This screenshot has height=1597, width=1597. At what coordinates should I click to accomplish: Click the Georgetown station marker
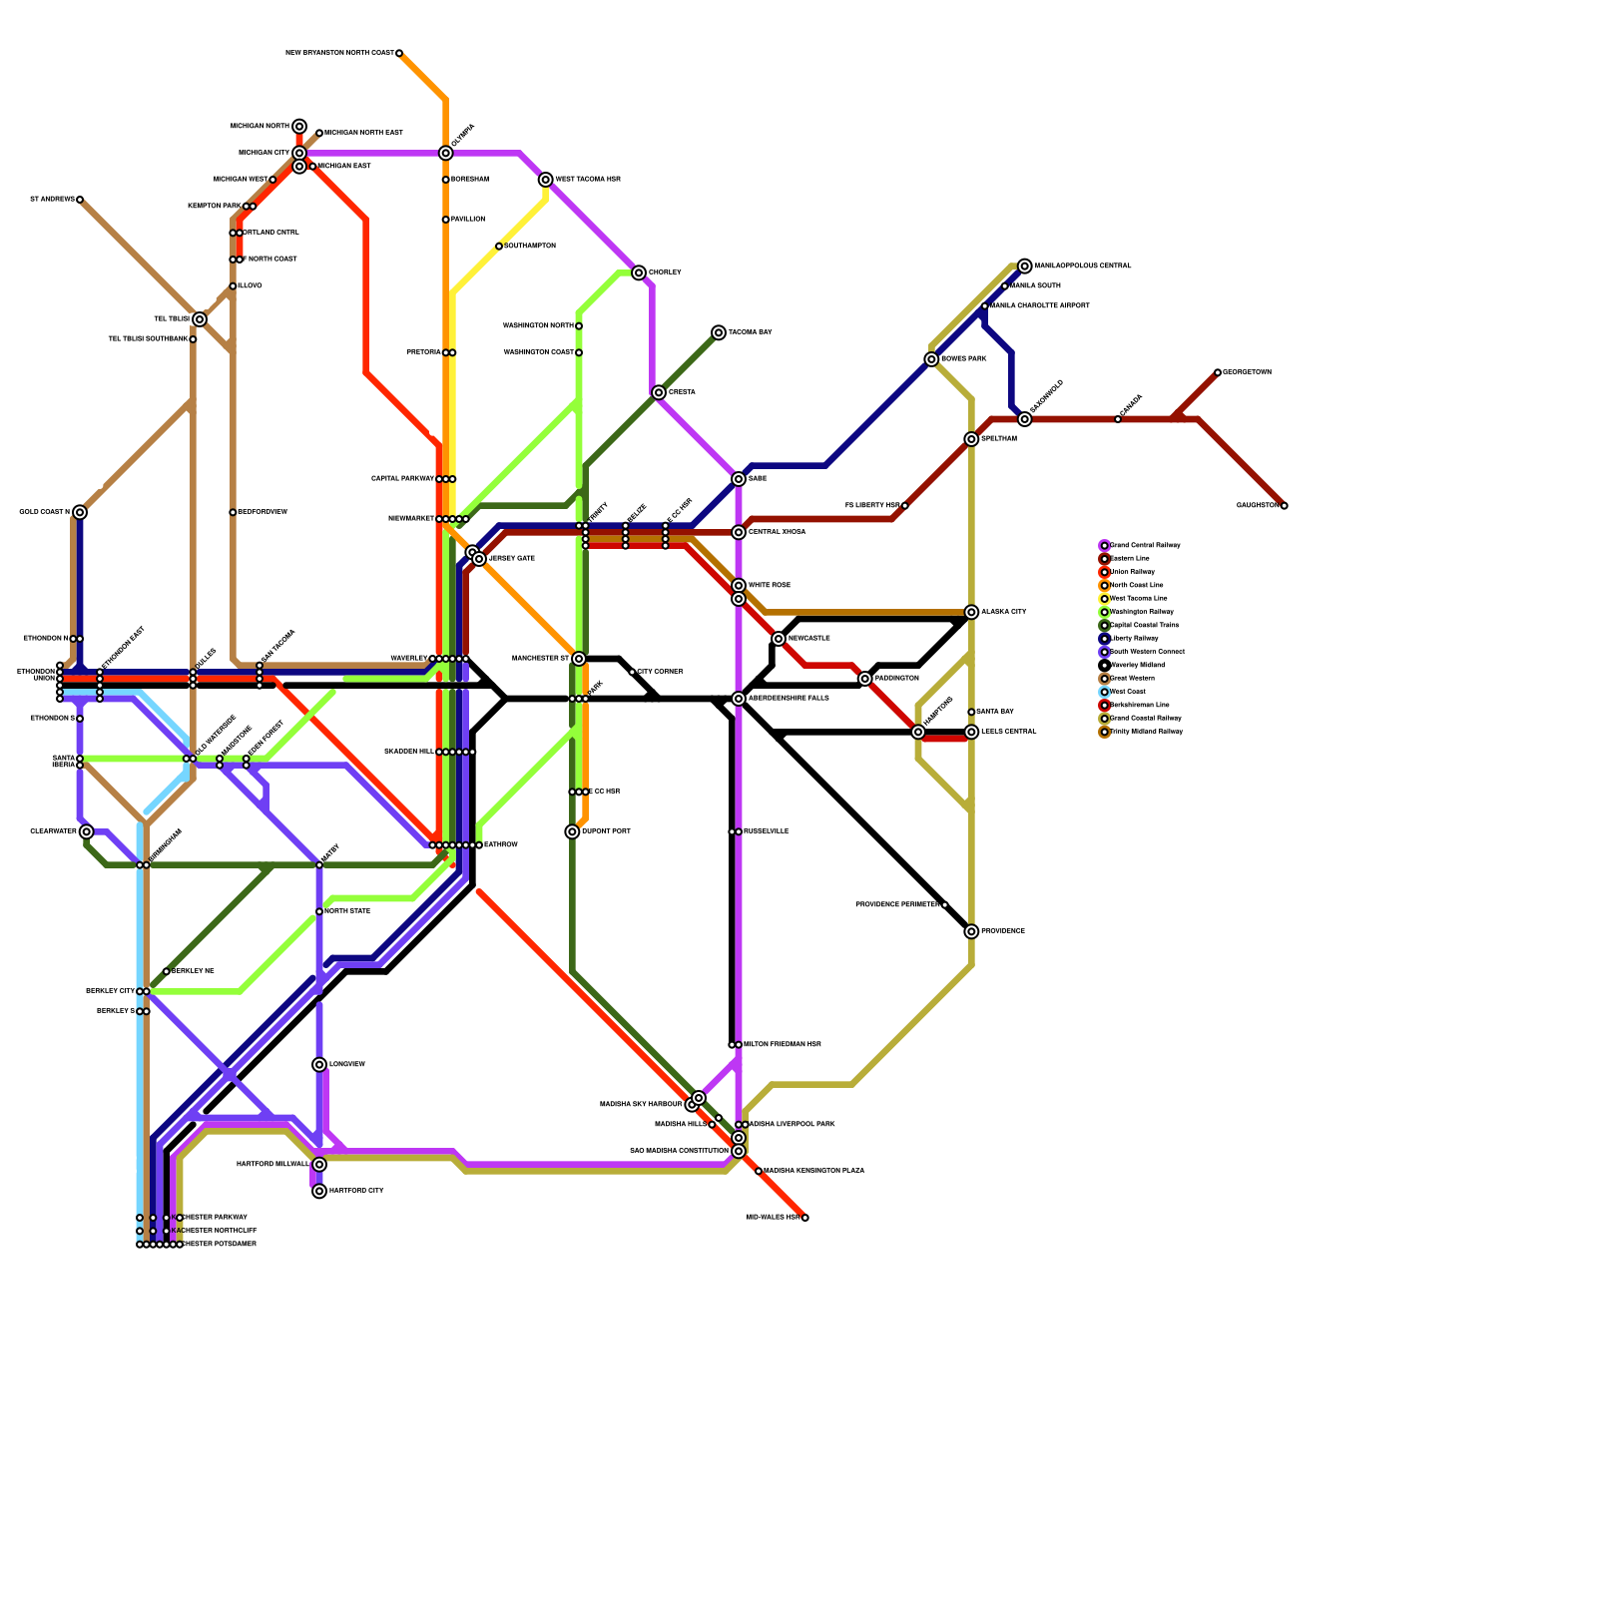click(x=1218, y=372)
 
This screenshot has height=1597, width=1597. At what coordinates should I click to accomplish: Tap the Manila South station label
click(x=1035, y=286)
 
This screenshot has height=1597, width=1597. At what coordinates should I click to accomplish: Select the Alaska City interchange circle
click(x=971, y=612)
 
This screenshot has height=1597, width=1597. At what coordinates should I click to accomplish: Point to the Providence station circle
click(x=971, y=931)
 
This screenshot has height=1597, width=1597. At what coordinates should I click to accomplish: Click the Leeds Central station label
click(x=1008, y=732)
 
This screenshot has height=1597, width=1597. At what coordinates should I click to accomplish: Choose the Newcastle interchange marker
click(x=779, y=639)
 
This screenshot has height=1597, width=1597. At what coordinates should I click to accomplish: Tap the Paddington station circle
click(x=865, y=679)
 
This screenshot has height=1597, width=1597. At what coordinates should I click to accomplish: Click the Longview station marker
click(x=319, y=1065)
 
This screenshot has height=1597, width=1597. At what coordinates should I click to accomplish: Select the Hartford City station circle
click(x=319, y=1191)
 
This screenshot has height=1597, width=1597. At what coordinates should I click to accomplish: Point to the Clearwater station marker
click(x=87, y=831)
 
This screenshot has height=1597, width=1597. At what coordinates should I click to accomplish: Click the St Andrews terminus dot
click(x=80, y=200)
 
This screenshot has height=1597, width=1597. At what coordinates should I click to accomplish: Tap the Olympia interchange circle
click(x=446, y=153)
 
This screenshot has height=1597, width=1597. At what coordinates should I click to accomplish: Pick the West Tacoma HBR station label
click(x=588, y=180)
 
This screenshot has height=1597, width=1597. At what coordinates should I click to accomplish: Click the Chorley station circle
click(x=639, y=272)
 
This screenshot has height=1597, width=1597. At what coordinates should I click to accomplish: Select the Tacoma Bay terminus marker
click(x=719, y=332)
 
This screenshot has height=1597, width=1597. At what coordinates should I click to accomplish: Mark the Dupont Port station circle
click(x=572, y=831)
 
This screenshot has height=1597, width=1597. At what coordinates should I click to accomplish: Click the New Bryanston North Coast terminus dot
click(x=399, y=53)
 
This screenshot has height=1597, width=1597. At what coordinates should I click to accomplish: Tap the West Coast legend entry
click(x=1127, y=692)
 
